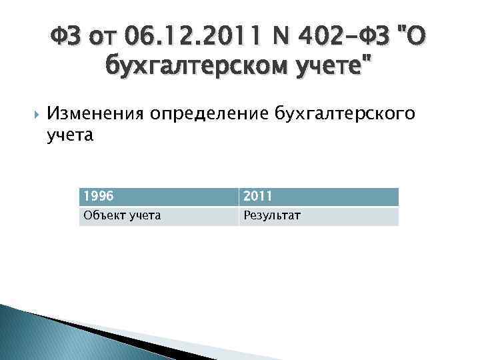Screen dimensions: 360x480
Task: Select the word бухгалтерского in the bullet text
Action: [345, 114]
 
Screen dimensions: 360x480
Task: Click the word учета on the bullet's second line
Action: [71, 135]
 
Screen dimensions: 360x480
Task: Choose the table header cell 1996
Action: [158, 196]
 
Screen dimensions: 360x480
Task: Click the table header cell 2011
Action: [318, 196]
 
